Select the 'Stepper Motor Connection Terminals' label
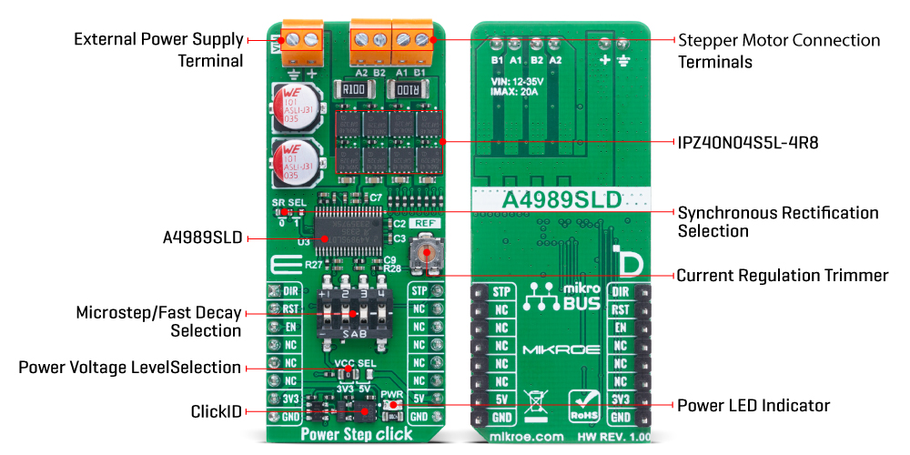pos(779,51)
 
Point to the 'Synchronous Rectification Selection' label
pos(778,221)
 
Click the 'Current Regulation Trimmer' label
pos(783,275)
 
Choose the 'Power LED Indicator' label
pos(753,405)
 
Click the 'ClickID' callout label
pos(217,412)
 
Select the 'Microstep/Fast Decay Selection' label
pos(159,321)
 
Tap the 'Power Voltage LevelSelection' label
pos(130,368)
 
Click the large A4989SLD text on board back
pos(562,198)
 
